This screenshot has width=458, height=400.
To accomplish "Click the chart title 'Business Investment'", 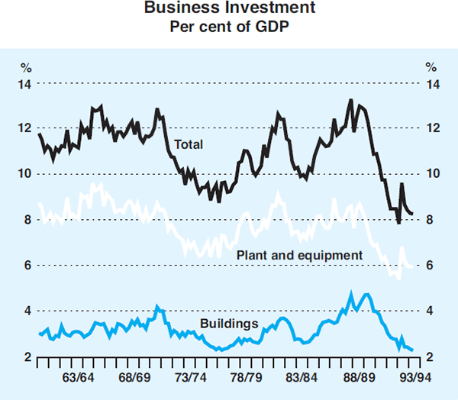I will tap(228, 11).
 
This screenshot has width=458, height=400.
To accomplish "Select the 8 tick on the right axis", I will tap(433, 220).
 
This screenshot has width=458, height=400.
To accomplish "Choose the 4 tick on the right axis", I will tap(433, 311).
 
